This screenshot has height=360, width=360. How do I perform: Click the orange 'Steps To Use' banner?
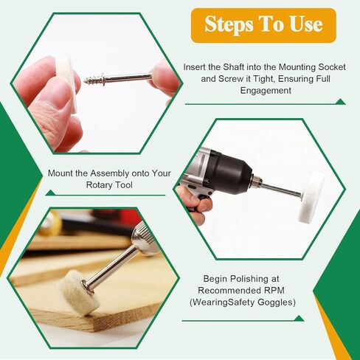[263, 24]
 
